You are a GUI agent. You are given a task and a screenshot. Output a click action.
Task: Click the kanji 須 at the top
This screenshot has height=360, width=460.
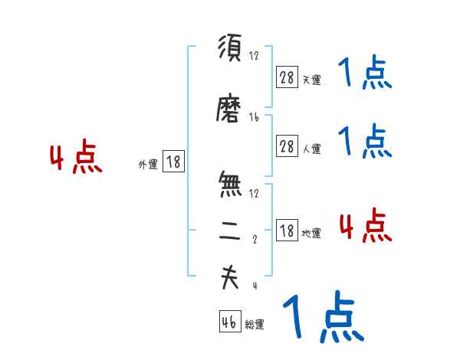229,50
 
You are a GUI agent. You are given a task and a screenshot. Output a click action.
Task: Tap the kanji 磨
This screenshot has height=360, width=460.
229,110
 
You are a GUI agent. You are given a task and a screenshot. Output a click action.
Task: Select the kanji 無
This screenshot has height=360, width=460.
229,185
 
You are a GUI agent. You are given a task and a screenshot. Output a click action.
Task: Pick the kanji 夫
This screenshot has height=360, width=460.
229,278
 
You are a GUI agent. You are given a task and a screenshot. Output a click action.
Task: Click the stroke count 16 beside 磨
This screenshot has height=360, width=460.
255,117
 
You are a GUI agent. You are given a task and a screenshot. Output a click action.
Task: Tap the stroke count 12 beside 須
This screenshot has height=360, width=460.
255,56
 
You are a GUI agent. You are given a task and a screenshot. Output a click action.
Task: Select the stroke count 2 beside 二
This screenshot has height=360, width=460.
255,240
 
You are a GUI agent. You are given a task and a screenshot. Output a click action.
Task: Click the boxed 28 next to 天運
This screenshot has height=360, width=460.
287,77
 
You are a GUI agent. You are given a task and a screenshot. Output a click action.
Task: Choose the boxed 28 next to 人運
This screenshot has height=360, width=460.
287,147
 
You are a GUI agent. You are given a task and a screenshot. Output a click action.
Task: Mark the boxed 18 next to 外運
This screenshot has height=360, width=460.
173,162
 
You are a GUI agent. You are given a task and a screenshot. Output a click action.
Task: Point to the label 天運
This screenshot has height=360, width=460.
311,80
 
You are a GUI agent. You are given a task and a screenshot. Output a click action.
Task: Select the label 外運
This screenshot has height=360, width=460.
148,164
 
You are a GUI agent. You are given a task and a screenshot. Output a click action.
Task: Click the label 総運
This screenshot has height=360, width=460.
255,325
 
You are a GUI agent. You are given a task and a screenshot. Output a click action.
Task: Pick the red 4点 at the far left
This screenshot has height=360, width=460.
75,159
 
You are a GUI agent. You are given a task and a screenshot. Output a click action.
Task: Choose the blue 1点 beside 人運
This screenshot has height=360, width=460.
365,141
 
